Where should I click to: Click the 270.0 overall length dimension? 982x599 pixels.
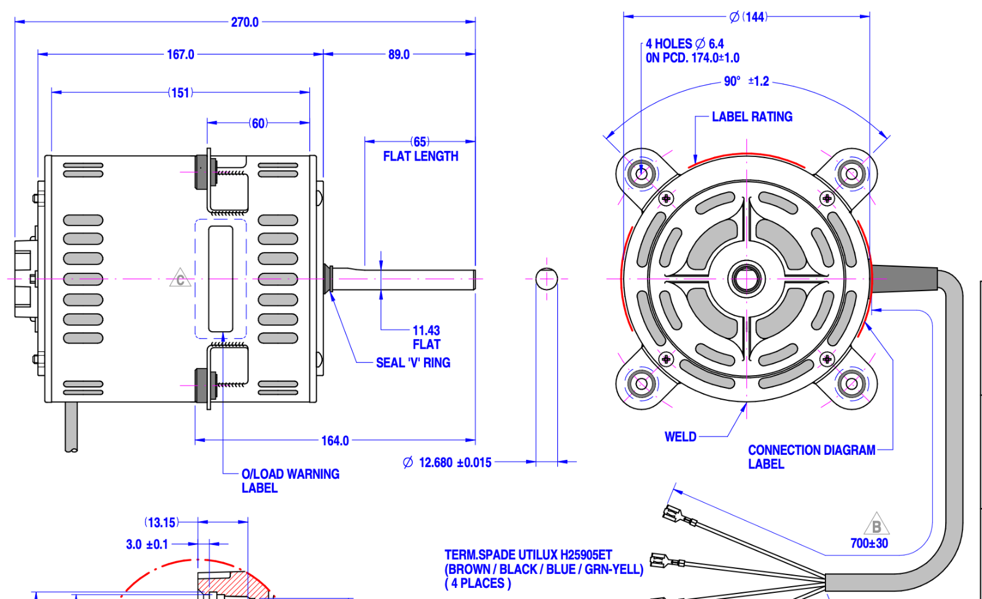pyautogui.click(x=245, y=22)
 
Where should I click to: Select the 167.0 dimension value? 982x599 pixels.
pyautogui.click(x=180, y=55)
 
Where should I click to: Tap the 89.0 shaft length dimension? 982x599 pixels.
pyautogui.click(x=399, y=55)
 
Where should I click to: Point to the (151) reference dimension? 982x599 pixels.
pyautogui.click(x=180, y=93)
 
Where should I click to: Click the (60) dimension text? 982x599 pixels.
pyautogui.click(x=258, y=123)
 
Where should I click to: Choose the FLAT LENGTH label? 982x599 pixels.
pyautogui.click(x=420, y=156)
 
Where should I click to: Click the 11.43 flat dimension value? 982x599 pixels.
pyautogui.click(x=426, y=330)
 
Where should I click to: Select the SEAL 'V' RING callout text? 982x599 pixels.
pyautogui.click(x=413, y=363)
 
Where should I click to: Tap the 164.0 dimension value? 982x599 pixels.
pyautogui.click(x=335, y=441)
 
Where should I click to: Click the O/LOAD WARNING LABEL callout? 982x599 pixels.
pyautogui.click(x=290, y=481)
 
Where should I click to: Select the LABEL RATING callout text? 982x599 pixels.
pyautogui.click(x=752, y=116)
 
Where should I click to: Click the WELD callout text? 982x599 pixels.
pyautogui.click(x=680, y=437)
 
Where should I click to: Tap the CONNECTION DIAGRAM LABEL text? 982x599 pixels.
pyautogui.click(x=811, y=457)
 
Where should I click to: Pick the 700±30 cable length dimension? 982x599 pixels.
pyautogui.click(x=869, y=543)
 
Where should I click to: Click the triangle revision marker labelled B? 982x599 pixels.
pyautogui.click(x=876, y=526)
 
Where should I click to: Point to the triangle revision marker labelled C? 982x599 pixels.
pyautogui.click(x=180, y=279)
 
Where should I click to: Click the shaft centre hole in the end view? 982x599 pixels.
pyautogui.click(x=746, y=279)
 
